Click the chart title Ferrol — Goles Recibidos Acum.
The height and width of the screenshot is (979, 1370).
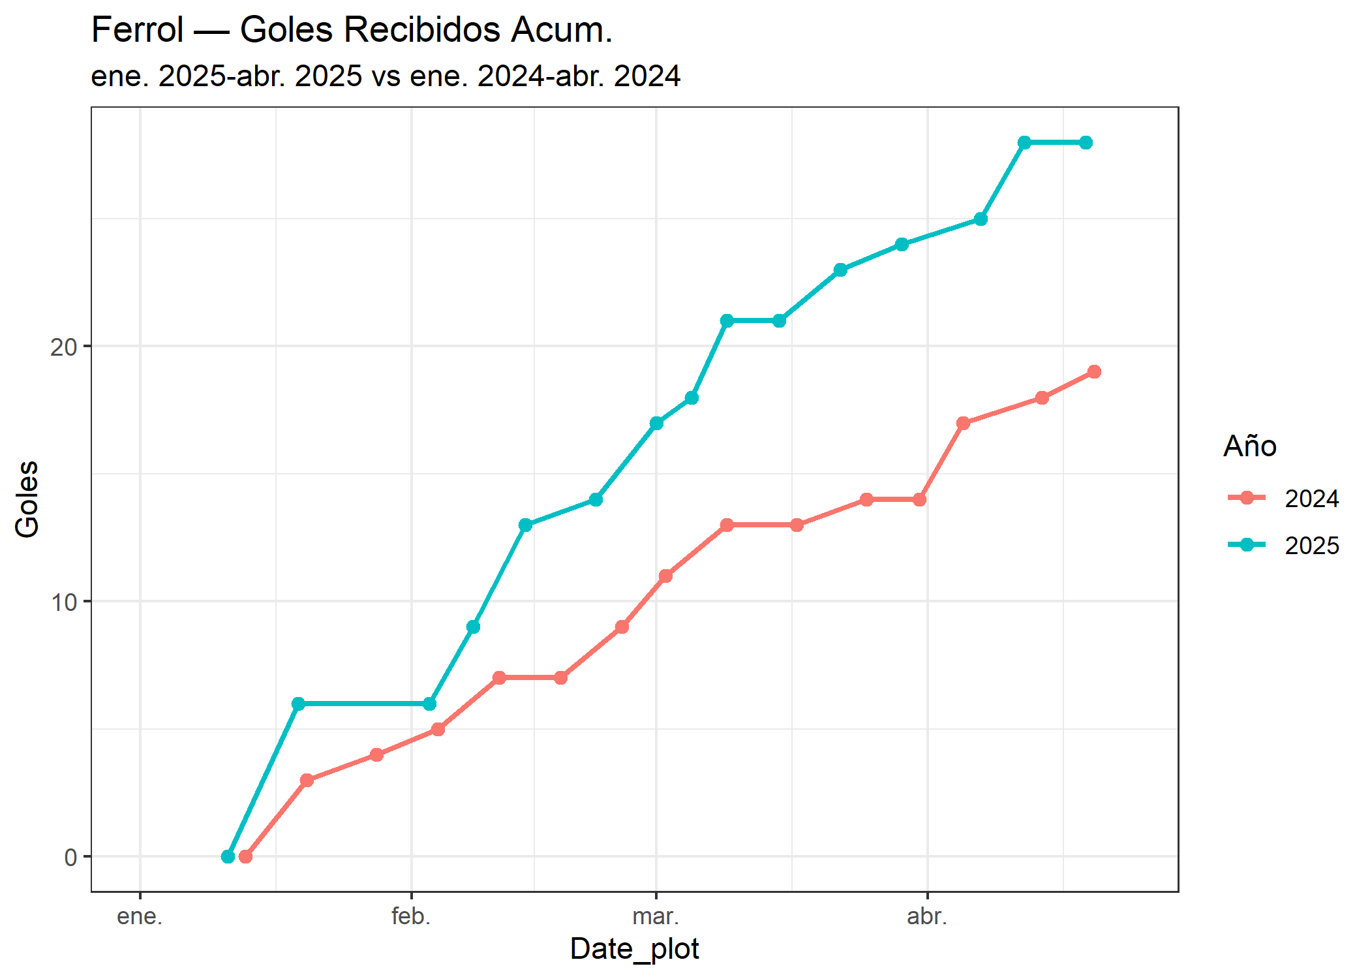point(352,30)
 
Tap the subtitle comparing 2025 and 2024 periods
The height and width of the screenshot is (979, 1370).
point(386,76)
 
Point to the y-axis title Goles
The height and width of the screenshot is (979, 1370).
point(27,499)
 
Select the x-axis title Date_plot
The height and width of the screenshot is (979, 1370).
point(634,948)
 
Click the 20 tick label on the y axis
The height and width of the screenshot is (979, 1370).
point(63,347)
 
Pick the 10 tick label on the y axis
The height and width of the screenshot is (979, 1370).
point(63,602)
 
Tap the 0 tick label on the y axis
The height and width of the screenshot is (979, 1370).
point(70,858)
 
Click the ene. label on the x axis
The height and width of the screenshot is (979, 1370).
point(140,917)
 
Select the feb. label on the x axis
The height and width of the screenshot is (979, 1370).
point(411,917)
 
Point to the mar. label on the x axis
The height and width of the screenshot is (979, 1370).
point(656,917)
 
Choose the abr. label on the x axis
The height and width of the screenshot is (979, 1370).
point(927,917)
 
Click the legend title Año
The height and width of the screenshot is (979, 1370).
point(1250,446)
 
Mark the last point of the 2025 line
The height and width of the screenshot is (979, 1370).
point(1086,142)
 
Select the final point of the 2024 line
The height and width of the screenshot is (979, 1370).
point(1094,372)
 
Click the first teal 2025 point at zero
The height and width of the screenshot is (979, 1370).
point(228,856)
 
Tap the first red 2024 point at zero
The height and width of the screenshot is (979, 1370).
point(245,856)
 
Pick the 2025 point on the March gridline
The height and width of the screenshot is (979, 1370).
point(656,423)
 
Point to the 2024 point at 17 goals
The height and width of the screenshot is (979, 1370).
point(963,423)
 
